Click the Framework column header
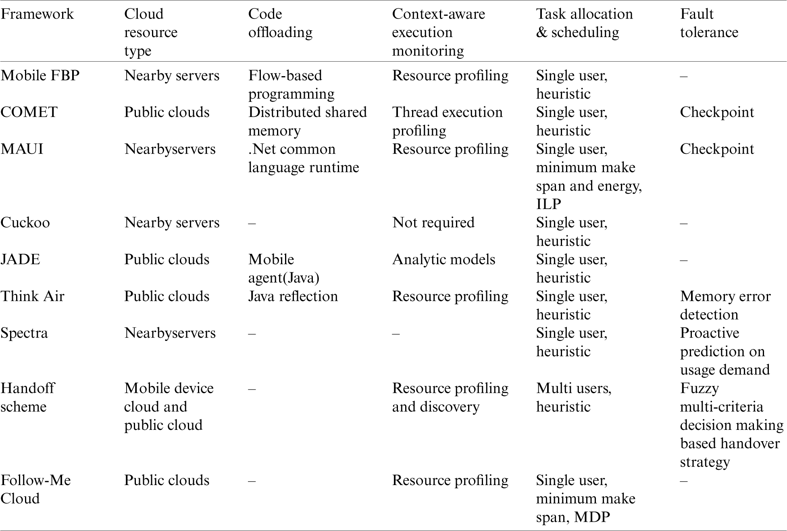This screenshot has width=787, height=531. tap(37, 14)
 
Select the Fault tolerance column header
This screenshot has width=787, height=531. tap(709, 23)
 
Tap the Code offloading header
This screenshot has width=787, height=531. tap(280, 23)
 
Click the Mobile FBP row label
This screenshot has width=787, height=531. tap(40, 75)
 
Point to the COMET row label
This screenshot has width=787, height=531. tap(29, 112)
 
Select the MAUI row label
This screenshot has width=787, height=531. tap(22, 149)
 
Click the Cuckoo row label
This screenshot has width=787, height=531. tap(25, 222)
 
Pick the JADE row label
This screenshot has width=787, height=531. tap(20, 259)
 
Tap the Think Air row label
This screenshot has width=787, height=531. tap(32, 296)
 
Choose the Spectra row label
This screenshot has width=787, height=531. tap(24, 333)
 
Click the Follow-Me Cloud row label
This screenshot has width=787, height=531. tap(35, 489)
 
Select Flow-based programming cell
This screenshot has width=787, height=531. tap(291, 85)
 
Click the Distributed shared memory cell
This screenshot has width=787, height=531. tap(307, 121)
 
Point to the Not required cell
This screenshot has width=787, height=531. tap(433, 222)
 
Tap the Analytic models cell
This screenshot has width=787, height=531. tap(443, 259)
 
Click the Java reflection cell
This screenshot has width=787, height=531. tap(293, 296)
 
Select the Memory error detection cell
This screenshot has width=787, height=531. tap(725, 305)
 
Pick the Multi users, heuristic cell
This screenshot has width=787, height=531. tap(573, 397)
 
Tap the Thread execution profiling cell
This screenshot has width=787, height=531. tap(447, 121)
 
